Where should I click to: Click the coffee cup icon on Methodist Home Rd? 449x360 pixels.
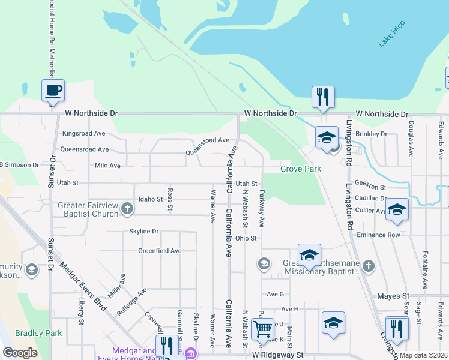(53, 91)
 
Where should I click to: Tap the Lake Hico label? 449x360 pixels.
(392, 34)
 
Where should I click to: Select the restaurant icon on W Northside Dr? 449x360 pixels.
(323, 97)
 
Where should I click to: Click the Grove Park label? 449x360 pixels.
(301, 169)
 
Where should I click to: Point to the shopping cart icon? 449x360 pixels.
(263, 329)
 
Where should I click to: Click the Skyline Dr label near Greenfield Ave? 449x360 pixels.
(143, 231)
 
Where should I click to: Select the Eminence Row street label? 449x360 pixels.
(378, 235)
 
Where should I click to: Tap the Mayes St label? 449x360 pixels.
(393, 296)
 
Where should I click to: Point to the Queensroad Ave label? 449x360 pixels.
(85, 149)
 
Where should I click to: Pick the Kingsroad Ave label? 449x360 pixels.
(83, 133)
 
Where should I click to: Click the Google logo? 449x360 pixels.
(20, 353)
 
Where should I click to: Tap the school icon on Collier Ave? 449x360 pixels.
(397, 209)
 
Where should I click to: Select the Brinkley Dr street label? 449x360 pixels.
(372, 133)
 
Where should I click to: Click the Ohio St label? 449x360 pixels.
(246, 238)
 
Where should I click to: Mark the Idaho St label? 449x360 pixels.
(151, 199)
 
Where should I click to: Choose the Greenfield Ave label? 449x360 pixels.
(160, 251)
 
